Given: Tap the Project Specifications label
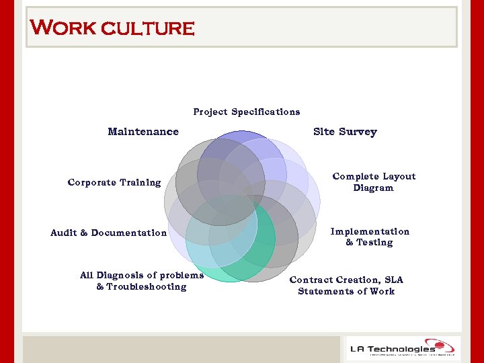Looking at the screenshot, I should [246, 112].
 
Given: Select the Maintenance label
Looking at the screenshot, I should [143, 132].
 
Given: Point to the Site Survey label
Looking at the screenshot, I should [345, 132].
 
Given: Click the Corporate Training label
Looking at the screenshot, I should [114, 182].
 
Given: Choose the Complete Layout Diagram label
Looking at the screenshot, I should [374, 182].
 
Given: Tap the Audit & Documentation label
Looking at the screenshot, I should [108, 233].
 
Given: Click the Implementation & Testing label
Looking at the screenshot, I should [369, 237].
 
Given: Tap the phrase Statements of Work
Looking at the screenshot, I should [346, 291].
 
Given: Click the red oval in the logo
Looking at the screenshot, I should [443, 346].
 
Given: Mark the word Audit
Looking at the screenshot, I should [63, 233].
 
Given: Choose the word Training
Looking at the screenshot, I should [140, 182].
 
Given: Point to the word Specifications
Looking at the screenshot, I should [265, 112].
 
